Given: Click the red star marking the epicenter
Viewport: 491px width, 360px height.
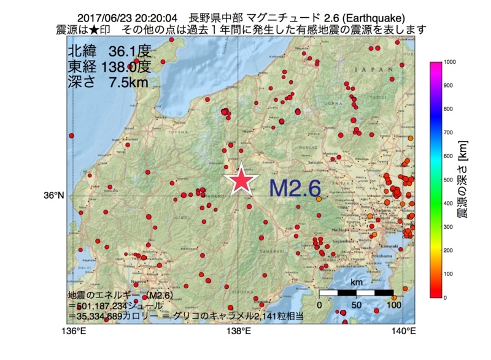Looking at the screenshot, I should (x=240, y=180).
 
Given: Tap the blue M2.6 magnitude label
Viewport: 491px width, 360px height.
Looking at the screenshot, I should (x=295, y=188).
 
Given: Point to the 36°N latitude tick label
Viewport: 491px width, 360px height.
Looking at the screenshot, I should (x=53, y=196).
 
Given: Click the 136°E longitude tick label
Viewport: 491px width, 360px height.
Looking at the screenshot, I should (x=74, y=332).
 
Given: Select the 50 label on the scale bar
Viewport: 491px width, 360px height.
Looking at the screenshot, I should (x=357, y=305).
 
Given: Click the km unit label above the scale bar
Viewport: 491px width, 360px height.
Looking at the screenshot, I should (x=357, y=283).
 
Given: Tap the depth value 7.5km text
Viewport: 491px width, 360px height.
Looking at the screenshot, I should (x=128, y=82).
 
